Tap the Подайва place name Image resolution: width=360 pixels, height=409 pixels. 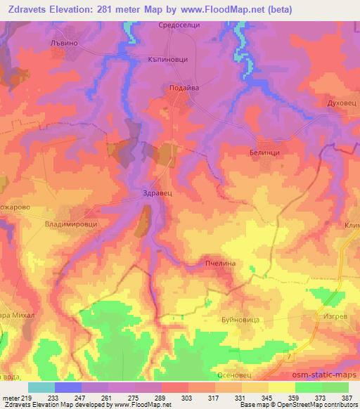[184, 88]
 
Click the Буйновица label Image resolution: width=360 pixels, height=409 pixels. [240, 320]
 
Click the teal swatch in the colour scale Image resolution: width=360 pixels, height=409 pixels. [41, 387]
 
